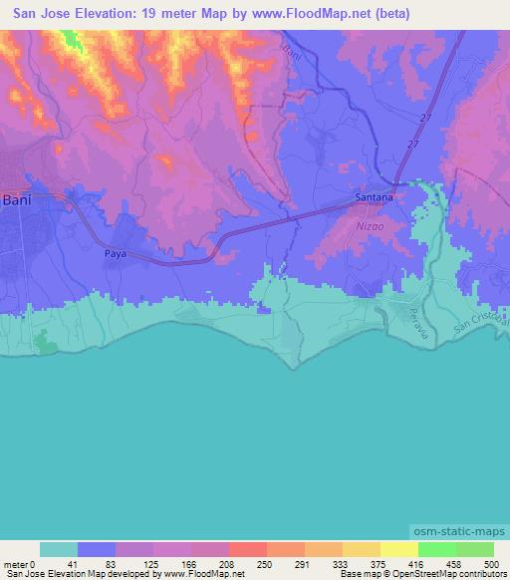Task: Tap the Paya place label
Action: click(117, 254)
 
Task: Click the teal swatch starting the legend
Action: click(58, 549)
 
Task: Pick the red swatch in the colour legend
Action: click(247, 549)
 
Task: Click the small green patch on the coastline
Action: click(45, 344)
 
